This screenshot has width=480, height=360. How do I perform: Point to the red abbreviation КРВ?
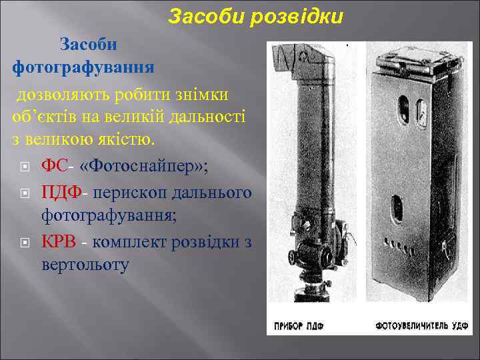pos(59,241)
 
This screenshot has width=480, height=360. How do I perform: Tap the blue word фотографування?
pos(83,67)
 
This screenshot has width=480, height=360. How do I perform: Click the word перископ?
pos(127,193)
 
